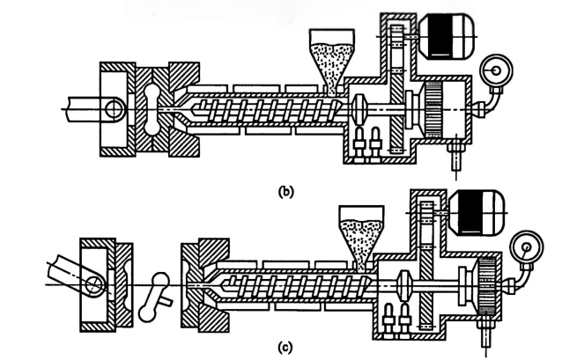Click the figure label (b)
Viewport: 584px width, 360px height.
285,191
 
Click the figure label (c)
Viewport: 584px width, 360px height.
285,347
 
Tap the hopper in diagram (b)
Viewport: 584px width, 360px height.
332,61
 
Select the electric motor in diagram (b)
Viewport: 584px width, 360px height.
447,36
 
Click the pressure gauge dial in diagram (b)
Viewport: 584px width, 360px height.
496,70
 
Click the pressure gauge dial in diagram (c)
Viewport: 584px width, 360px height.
527,247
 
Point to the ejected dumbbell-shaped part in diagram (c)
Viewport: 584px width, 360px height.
152,297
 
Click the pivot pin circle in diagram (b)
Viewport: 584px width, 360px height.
114,109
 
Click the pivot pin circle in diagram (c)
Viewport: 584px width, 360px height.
94,285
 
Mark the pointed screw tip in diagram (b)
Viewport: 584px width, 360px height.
194,109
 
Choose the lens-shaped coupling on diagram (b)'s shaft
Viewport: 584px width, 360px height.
359,109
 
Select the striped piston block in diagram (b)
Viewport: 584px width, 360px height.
433,109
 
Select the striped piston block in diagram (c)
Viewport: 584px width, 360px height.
486,285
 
